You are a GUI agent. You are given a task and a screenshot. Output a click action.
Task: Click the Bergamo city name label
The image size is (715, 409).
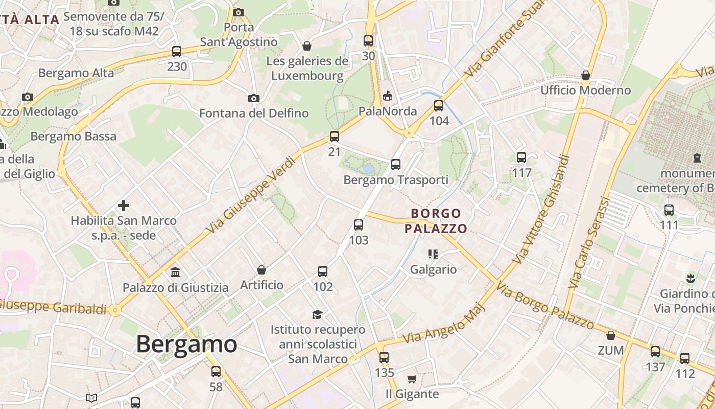pyautogui.click(x=186, y=344)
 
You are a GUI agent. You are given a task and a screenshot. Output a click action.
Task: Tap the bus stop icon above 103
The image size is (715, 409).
pyautogui.click(x=359, y=224)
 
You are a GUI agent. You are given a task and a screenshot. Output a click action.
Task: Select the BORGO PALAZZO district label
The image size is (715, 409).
pyautogui.click(x=436, y=221)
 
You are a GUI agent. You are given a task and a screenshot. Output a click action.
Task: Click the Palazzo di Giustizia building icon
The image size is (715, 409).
pyautogui.click(x=175, y=271)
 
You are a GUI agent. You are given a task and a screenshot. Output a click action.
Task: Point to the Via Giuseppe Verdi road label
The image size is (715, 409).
pyautogui.click(x=252, y=195)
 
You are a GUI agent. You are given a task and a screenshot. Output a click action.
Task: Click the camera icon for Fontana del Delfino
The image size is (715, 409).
pyautogui.click(x=253, y=98)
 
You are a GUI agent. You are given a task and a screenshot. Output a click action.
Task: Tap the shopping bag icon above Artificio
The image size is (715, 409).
pyautogui.click(x=261, y=269)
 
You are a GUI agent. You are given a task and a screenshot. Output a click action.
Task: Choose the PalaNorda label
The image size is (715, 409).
pyautogui.click(x=388, y=111)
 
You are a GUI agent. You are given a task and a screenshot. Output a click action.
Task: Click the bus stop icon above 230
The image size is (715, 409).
pyautogui.click(x=177, y=51)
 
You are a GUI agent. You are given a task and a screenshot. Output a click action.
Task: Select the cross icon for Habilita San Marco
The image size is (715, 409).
pyautogui.click(x=124, y=206)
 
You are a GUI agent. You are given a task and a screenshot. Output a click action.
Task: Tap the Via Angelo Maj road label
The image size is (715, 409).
pyautogui.click(x=442, y=325)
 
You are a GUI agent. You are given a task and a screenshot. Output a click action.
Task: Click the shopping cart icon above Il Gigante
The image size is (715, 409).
pyautogui.click(x=412, y=379)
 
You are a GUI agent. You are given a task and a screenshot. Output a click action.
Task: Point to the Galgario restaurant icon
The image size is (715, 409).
pyautogui.click(x=433, y=254)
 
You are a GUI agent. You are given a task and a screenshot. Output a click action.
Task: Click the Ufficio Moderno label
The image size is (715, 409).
pyautogui.click(x=586, y=90)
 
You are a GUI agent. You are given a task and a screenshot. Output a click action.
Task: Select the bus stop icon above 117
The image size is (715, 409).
pyautogui.click(x=521, y=157)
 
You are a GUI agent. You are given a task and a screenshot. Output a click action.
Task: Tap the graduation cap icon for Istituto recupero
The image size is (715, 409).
pyautogui.click(x=318, y=314)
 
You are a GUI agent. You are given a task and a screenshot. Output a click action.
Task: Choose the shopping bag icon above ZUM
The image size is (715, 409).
pyautogui.click(x=610, y=335)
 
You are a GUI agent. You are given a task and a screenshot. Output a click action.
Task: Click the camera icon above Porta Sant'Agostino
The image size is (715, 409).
pyautogui.click(x=239, y=12)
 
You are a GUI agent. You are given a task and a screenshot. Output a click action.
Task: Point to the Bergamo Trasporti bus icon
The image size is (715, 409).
pyautogui.click(x=396, y=164)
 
